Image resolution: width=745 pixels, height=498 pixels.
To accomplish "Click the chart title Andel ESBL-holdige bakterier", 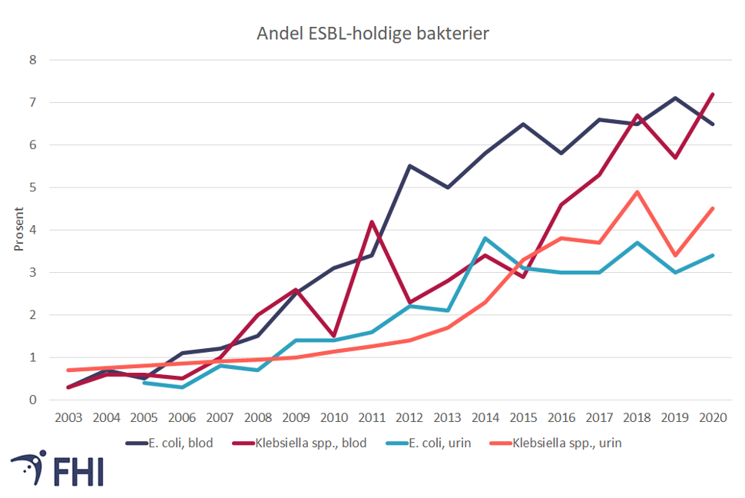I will (x=372, y=34).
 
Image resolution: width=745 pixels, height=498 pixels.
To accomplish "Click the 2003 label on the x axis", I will (x=70, y=417).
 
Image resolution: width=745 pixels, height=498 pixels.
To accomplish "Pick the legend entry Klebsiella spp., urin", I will (x=568, y=443).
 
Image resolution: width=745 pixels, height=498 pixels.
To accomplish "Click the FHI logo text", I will (x=78, y=471).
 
